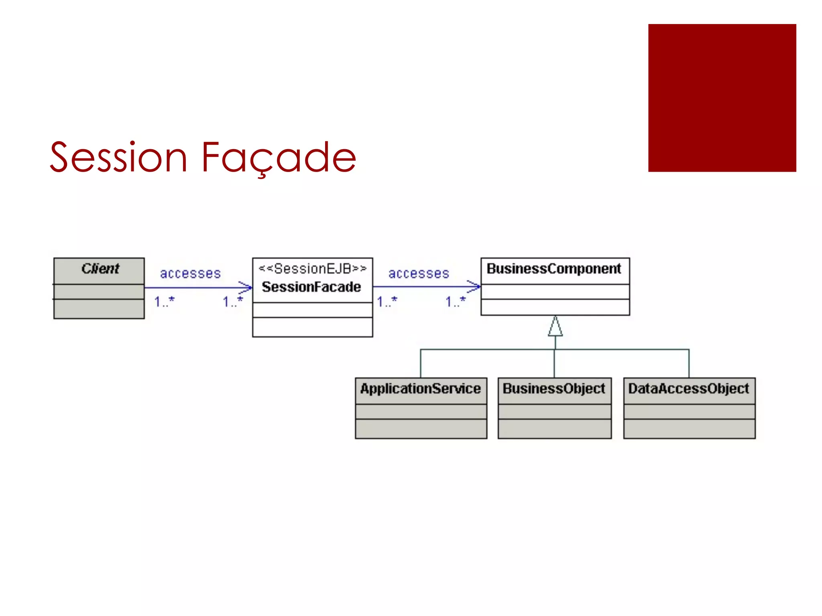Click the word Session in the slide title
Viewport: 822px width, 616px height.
tap(119, 158)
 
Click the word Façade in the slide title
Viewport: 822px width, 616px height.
tap(278, 158)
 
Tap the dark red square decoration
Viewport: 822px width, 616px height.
tap(722, 98)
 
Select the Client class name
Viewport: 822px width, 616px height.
tap(100, 269)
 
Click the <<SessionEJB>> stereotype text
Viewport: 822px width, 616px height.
tap(312, 269)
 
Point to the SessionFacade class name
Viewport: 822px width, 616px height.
tap(311, 287)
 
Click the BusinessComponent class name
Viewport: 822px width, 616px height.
tap(553, 269)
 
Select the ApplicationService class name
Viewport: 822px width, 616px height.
tap(420, 389)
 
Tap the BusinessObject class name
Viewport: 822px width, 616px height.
tap(553, 389)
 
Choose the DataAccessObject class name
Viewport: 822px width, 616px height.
tap(688, 389)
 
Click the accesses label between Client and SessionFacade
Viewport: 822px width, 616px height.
tap(190, 274)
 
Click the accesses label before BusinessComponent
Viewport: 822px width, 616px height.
tap(419, 274)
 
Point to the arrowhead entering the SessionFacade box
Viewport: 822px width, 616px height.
tap(246, 288)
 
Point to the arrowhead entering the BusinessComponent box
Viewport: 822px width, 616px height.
tap(474, 287)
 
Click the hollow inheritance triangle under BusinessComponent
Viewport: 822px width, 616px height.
tap(555, 327)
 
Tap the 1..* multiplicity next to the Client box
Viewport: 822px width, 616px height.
tap(165, 301)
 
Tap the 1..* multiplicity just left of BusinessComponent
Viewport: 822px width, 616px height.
tap(456, 301)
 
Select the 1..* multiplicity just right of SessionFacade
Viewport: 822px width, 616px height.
tap(387, 301)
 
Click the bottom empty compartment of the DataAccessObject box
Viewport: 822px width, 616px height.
tap(689, 429)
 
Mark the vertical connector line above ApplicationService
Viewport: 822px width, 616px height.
tap(421, 363)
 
